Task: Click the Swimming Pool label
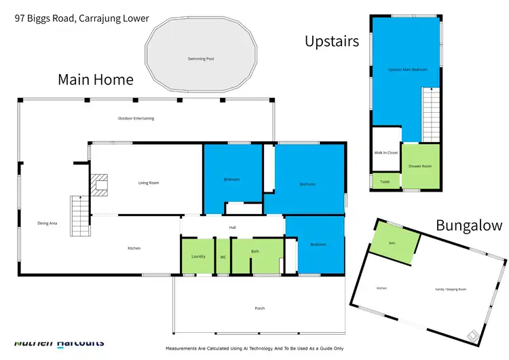201,59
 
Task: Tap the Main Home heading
95,79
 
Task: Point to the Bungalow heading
469,226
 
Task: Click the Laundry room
198,256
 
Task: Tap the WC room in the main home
223,257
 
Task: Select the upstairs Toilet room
385,182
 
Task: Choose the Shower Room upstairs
419,166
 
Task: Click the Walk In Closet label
386,153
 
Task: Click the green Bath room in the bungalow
392,244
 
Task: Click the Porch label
261,308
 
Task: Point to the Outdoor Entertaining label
136,118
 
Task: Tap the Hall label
232,228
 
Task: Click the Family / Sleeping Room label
451,289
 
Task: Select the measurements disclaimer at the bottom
254,348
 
